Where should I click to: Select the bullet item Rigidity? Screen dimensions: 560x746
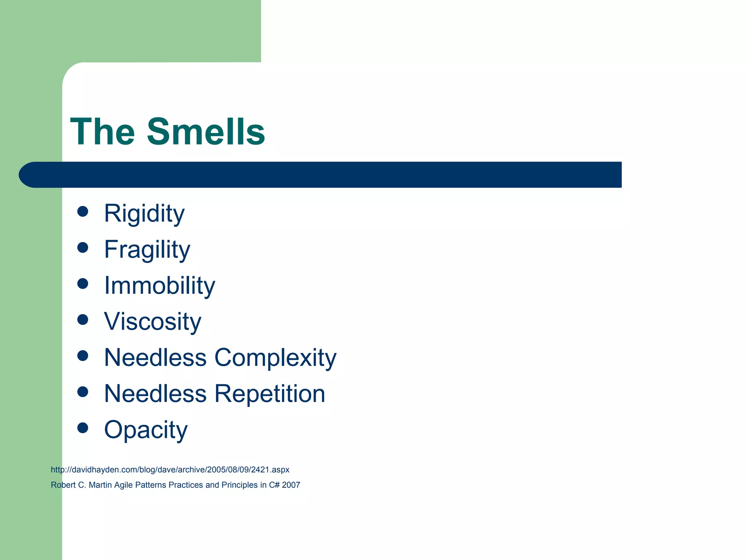pyautogui.click(x=144, y=213)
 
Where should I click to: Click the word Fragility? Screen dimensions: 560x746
pyautogui.click(x=147, y=249)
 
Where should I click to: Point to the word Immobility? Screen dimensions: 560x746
pyautogui.click(x=160, y=285)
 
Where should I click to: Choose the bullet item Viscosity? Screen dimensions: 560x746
pyautogui.click(x=153, y=322)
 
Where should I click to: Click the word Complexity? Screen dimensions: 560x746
pyautogui.click(x=275, y=358)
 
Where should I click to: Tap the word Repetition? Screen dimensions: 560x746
pyautogui.click(x=270, y=394)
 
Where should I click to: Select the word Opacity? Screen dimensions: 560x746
pyautogui.click(x=146, y=430)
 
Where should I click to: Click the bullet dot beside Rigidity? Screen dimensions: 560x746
pyautogui.click(x=83, y=211)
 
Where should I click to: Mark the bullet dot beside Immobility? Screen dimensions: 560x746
pyautogui.click(x=83, y=284)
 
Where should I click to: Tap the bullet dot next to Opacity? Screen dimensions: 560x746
pyautogui.click(x=83, y=428)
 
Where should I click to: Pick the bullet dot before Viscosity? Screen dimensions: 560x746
pyautogui.click(x=83, y=320)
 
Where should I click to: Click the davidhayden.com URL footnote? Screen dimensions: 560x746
pyautogui.click(x=170, y=470)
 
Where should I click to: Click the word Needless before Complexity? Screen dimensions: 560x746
pyautogui.click(x=156, y=358)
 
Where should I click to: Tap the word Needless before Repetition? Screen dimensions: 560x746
pyautogui.click(x=156, y=394)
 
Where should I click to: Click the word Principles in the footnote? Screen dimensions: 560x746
pyautogui.click(x=239, y=485)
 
